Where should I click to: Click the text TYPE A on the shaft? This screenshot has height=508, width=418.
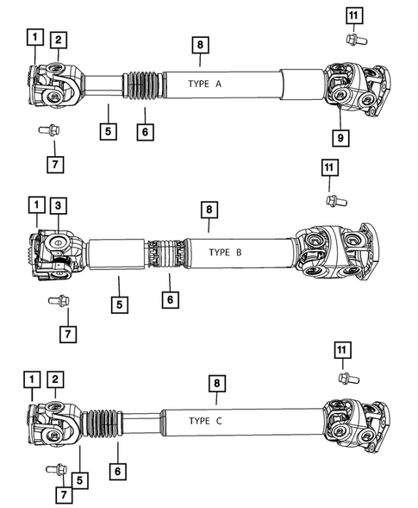coord(205,85)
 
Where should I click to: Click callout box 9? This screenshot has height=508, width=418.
coord(340,136)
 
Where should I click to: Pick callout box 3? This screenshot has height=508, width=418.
coord(57,205)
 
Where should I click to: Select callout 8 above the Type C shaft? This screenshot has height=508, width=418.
coord(215,380)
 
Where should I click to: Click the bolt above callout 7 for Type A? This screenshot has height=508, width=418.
coord(48,133)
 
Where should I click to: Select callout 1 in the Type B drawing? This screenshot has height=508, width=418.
coord(34,205)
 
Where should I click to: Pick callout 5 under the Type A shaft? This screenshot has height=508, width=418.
coord(108,133)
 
